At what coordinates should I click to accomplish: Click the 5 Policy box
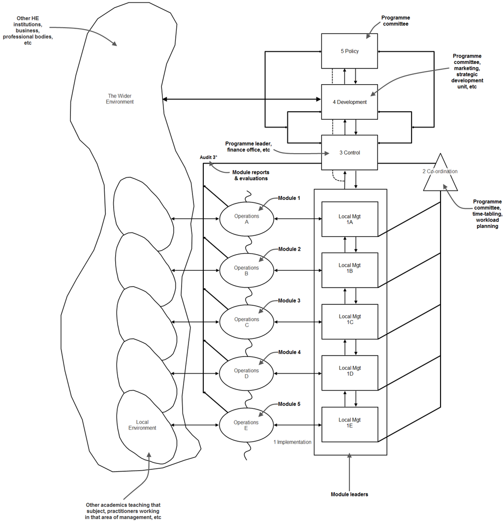coord(349,51)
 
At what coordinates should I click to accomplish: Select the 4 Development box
coord(349,102)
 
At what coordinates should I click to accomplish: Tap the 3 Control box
coord(349,153)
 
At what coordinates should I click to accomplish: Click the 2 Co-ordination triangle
coord(440,173)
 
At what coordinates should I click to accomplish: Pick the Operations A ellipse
coord(247,219)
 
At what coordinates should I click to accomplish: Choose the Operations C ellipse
coord(247,322)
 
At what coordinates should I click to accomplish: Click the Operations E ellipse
coord(246,425)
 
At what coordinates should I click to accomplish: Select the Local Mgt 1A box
coord(349,219)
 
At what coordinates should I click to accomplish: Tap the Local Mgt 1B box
coord(349,270)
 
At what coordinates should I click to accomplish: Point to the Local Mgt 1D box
coord(349,373)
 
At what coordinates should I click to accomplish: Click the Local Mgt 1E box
coord(349,424)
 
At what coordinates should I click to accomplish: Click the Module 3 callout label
coord(289,301)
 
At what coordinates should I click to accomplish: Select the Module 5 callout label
coord(289,404)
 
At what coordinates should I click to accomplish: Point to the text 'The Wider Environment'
coord(121,99)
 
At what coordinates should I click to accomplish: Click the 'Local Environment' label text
coord(142,425)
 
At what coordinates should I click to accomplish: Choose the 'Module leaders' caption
coord(349,494)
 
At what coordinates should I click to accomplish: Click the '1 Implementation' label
coord(292,442)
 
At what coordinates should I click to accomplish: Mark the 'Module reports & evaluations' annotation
coord(250,175)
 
